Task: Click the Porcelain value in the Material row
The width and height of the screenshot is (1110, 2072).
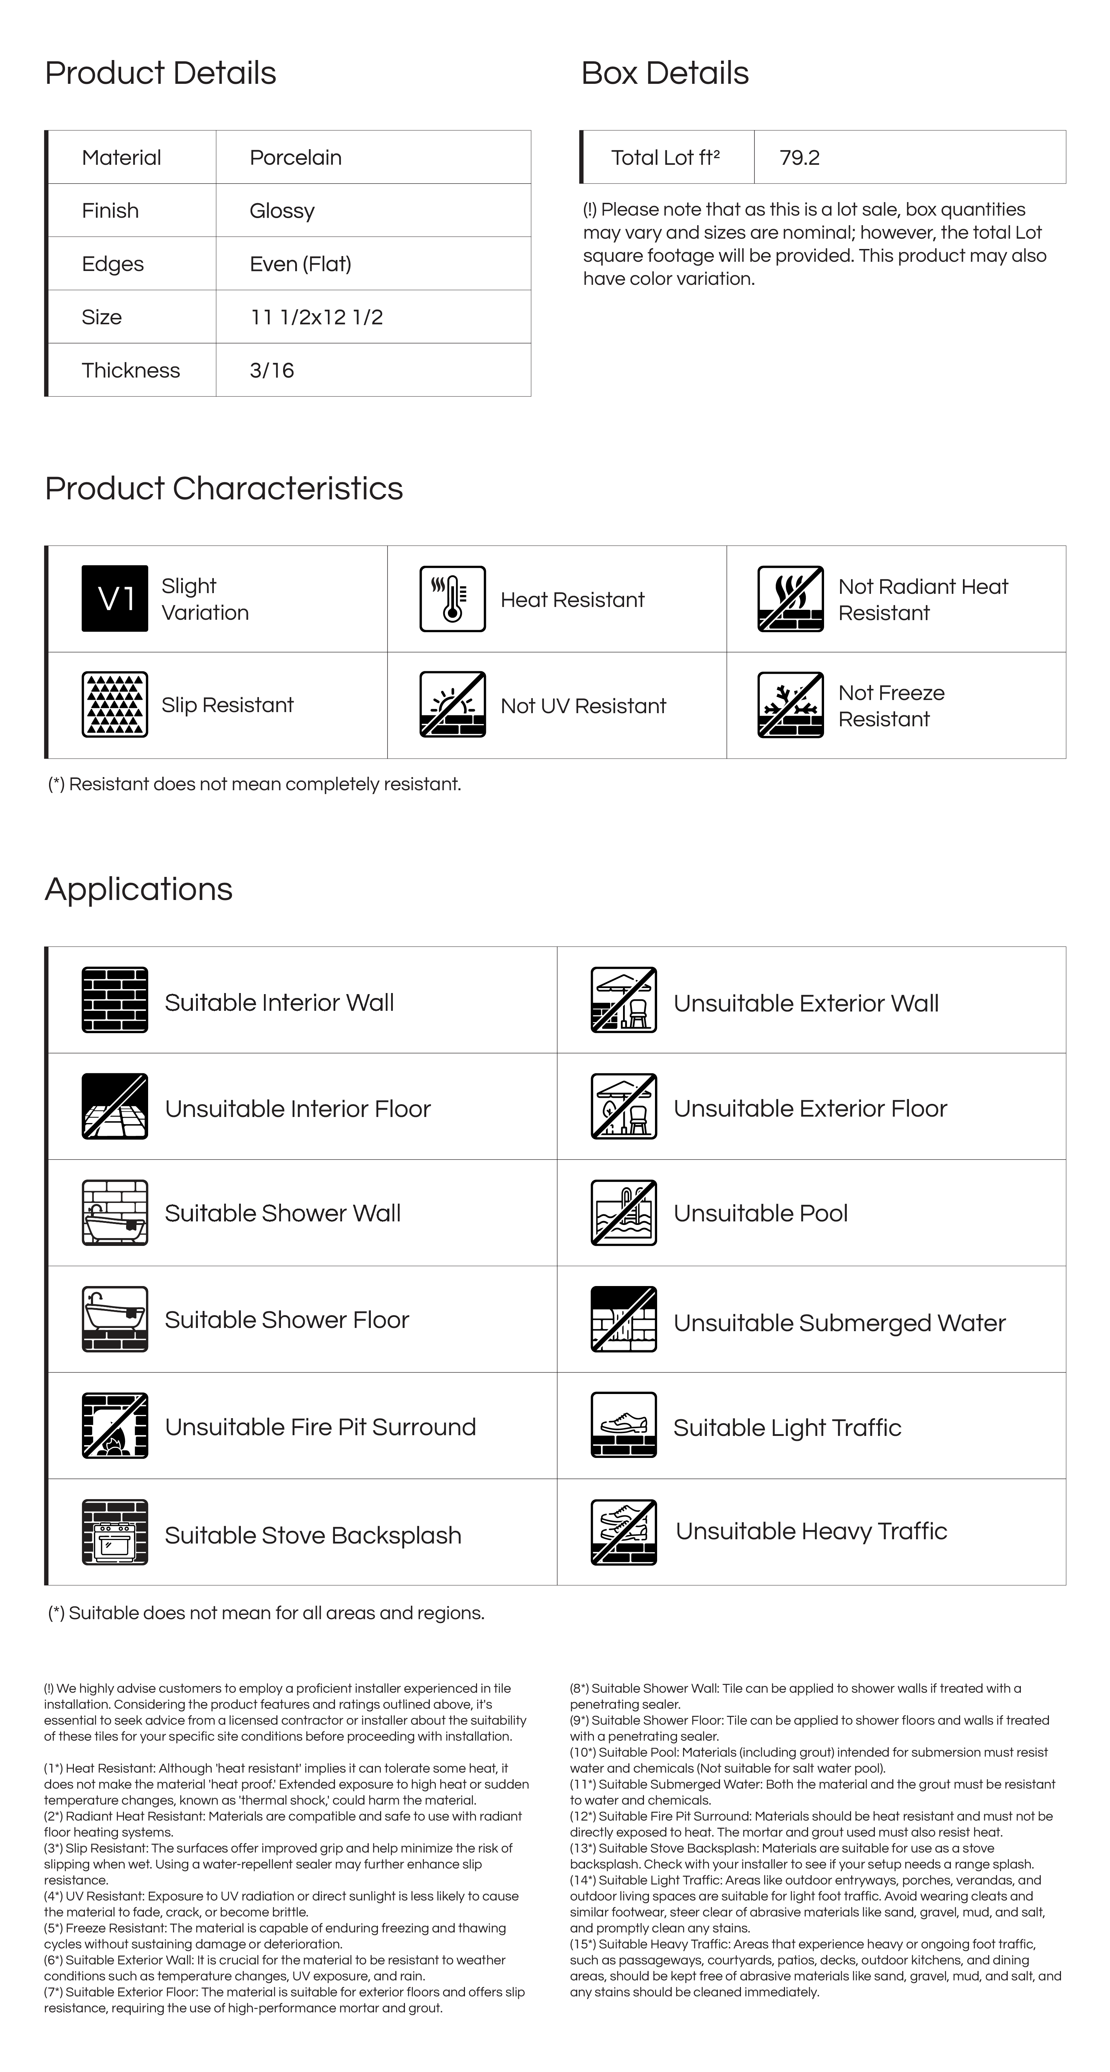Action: (295, 158)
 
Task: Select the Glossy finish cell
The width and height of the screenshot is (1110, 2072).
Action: (282, 211)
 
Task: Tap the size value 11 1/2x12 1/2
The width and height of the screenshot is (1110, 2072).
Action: (316, 317)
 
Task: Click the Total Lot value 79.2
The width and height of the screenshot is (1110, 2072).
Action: (800, 158)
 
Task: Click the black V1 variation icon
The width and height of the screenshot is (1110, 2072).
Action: (115, 598)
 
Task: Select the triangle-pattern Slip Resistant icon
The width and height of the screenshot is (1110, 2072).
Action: (115, 705)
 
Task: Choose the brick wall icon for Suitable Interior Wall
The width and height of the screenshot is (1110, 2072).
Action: (115, 1000)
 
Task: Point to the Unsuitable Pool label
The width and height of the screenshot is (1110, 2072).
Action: (760, 1213)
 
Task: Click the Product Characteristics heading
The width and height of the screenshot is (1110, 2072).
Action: (224, 488)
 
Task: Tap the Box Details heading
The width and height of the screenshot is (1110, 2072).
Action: (664, 73)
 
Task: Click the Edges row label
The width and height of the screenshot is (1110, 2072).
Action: (113, 264)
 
